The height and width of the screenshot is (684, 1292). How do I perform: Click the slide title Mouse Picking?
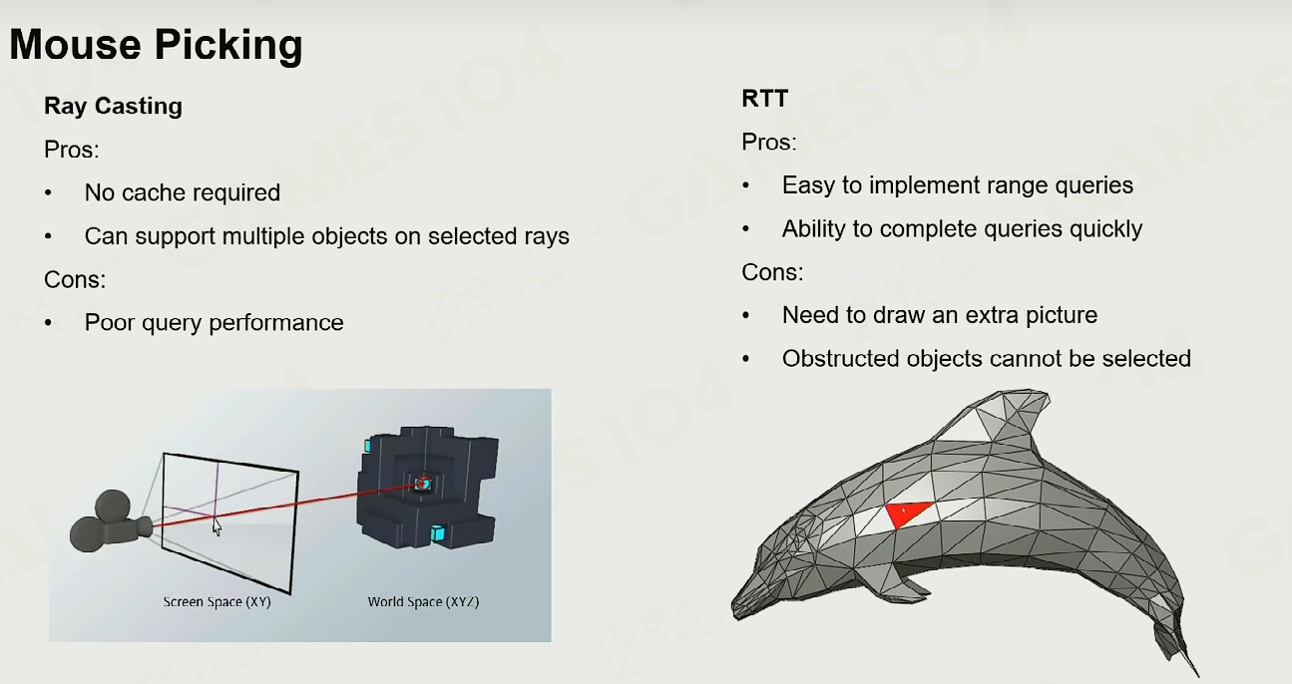pos(156,45)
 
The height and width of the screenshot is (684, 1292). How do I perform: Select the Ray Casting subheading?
pos(113,106)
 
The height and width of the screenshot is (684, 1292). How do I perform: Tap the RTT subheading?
pos(765,99)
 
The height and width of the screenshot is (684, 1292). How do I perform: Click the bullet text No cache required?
pos(183,192)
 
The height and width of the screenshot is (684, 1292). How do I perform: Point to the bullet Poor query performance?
pos(214,323)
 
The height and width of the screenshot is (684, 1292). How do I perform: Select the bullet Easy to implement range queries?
pos(958,185)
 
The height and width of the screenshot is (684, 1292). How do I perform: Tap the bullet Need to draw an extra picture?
pos(940,315)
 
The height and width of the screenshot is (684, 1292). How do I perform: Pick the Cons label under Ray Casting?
pos(75,279)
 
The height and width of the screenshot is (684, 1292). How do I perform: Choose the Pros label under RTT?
pos(769,142)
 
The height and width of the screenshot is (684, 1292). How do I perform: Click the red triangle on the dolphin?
pos(906,513)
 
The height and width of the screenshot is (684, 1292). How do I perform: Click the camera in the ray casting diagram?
pos(111,521)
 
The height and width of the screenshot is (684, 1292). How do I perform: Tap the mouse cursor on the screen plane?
pos(216,526)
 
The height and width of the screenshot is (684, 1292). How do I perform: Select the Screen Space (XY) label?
pos(216,601)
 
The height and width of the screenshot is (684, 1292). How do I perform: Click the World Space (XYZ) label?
pos(423,601)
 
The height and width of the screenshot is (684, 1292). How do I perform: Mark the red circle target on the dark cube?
pos(423,484)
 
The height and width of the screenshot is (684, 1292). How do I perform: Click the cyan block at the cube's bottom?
pos(438,533)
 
